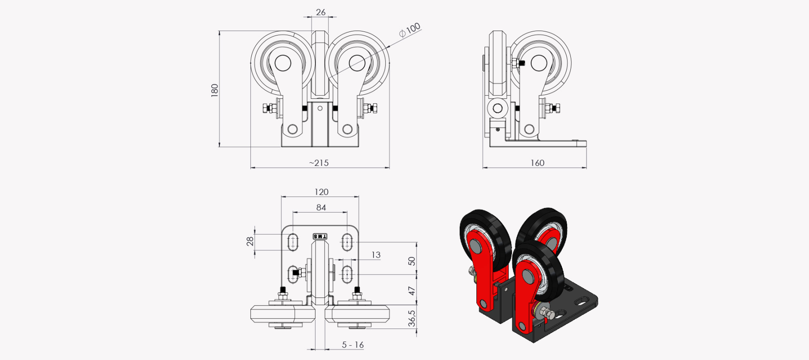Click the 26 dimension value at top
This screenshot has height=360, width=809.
[320, 12]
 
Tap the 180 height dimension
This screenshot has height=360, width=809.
[214, 90]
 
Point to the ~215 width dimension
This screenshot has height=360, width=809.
[319, 163]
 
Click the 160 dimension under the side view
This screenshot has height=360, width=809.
[537, 163]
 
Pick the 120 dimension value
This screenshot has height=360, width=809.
[321, 192]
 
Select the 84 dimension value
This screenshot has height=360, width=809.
[321, 207]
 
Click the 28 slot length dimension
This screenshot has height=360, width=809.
[250, 241]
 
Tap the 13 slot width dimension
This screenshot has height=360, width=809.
[376, 255]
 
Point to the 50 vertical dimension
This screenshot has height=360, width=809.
[412, 261]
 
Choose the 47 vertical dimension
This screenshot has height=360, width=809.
[412, 291]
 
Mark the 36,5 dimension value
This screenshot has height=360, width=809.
[412, 318]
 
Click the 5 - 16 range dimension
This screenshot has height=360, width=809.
[353, 345]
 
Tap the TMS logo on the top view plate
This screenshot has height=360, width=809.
[320, 236]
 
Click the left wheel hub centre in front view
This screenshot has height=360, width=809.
[283, 63]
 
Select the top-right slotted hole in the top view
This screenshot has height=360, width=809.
[347, 242]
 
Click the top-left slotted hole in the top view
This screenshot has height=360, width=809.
[293, 242]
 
